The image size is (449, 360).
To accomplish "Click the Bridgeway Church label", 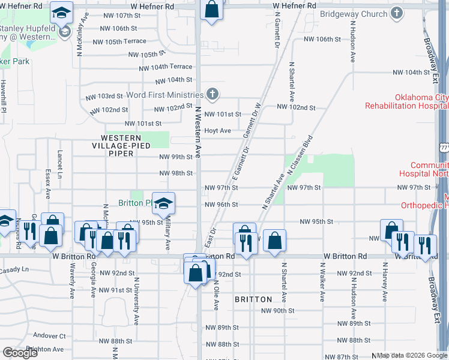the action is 354,13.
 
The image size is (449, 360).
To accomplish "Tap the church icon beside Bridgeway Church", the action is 396,13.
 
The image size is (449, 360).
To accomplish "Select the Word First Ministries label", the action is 165,95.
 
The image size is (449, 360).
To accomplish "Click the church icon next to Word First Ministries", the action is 212,94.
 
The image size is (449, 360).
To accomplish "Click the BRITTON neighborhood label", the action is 253,299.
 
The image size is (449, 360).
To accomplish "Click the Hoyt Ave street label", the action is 217,130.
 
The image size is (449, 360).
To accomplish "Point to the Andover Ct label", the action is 49,335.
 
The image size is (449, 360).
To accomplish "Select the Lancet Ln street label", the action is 59,164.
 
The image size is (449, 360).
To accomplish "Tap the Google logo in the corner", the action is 20,353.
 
